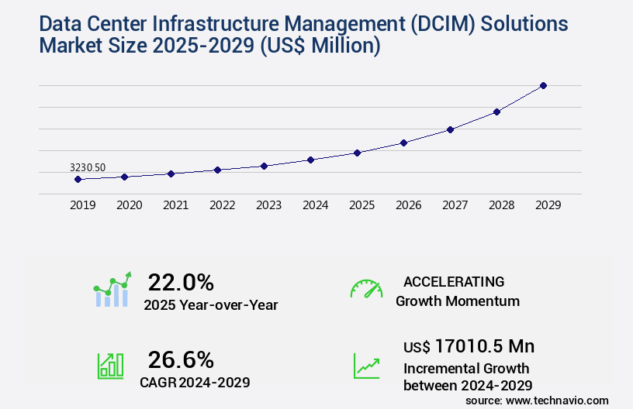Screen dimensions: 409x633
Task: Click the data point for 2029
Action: [x=543, y=85]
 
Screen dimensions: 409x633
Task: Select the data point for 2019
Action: [x=78, y=179]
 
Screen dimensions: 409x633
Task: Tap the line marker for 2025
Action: [x=357, y=153]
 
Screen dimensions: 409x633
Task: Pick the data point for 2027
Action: [x=450, y=129]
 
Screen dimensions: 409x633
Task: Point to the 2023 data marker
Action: [x=264, y=166]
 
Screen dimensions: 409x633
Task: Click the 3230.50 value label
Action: [x=88, y=167]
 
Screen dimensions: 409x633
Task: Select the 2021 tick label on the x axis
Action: [x=175, y=205]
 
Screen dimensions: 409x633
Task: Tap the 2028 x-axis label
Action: [x=501, y=205]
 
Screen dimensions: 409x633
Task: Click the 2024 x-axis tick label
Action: [x=315, y=205]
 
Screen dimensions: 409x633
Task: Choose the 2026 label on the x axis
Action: [x=408, y=205]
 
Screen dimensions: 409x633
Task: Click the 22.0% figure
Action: [x=181, y=282]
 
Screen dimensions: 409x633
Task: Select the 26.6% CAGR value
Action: [x=181, y=359]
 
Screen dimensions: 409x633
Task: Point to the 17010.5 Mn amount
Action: [x=484, y=346]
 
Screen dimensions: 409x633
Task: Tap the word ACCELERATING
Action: [x=454, y=281]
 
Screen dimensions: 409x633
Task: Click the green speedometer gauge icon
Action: [x=366, y=289]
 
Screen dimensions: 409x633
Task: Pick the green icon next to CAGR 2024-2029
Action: [x=110, y=366]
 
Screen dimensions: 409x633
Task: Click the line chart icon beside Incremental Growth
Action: [x=366, y=366]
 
